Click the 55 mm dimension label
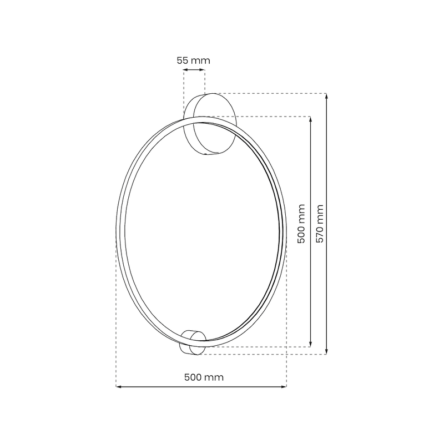194,60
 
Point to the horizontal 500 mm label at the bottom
203,377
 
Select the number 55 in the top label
183,60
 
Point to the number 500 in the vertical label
301,231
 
